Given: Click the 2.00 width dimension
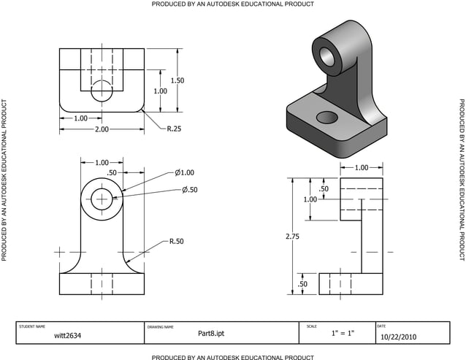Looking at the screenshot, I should click(102, 129).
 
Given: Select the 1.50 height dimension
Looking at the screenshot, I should click(177, 80).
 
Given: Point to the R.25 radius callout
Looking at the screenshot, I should click(174, 129).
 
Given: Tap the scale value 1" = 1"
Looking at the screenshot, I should click(342, 334).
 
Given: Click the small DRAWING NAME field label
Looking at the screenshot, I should click(160, 326).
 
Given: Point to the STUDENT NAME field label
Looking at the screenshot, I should click(31, 326).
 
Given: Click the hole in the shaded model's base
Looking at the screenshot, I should click(327, 117).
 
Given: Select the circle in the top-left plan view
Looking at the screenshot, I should click(102, 91).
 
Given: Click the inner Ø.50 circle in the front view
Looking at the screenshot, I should click(102, 197).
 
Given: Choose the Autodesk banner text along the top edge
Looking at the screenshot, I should click(233, 4).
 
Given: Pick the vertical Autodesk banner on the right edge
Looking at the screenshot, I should click(461, 180).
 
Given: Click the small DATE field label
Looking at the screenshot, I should click(381, 326).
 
